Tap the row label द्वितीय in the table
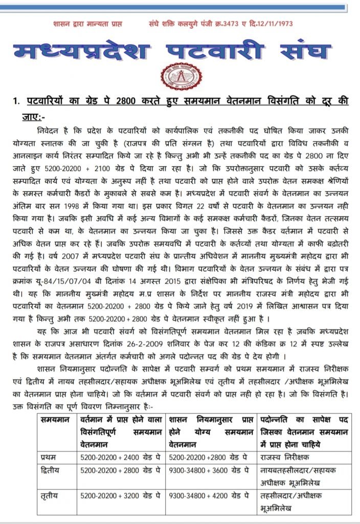point(50,469)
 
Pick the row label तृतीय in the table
point(49,496)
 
